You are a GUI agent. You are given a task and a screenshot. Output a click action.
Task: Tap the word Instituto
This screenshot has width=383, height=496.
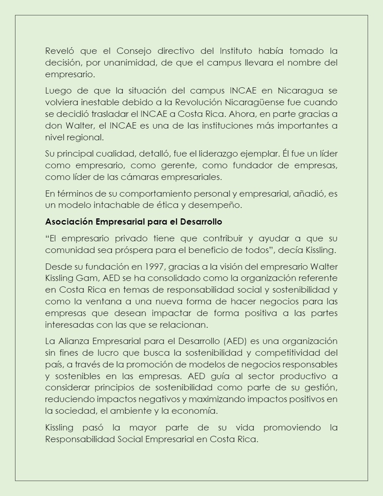(236, 51)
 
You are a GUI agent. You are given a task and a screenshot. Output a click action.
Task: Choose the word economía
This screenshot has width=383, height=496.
(199, 411)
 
